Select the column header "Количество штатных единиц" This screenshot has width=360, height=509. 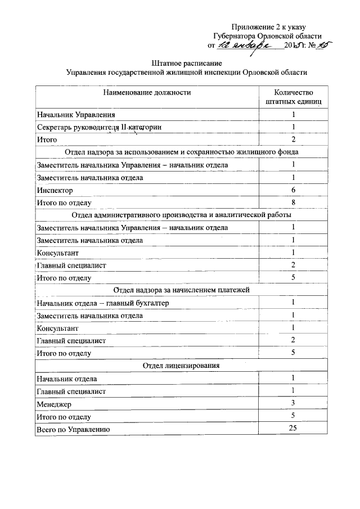[293, 97]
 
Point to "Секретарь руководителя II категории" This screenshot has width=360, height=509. [99, 127]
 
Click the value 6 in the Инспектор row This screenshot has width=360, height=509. [293, 190]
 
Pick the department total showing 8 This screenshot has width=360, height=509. [293, 202]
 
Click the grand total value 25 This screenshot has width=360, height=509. [293, 429]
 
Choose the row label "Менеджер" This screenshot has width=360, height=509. [54, 404]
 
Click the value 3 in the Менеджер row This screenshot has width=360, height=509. [293, 403]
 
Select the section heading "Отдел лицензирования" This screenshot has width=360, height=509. [181, 366]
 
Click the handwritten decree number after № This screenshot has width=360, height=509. [322, 45]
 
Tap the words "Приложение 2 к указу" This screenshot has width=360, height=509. [269, 26]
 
